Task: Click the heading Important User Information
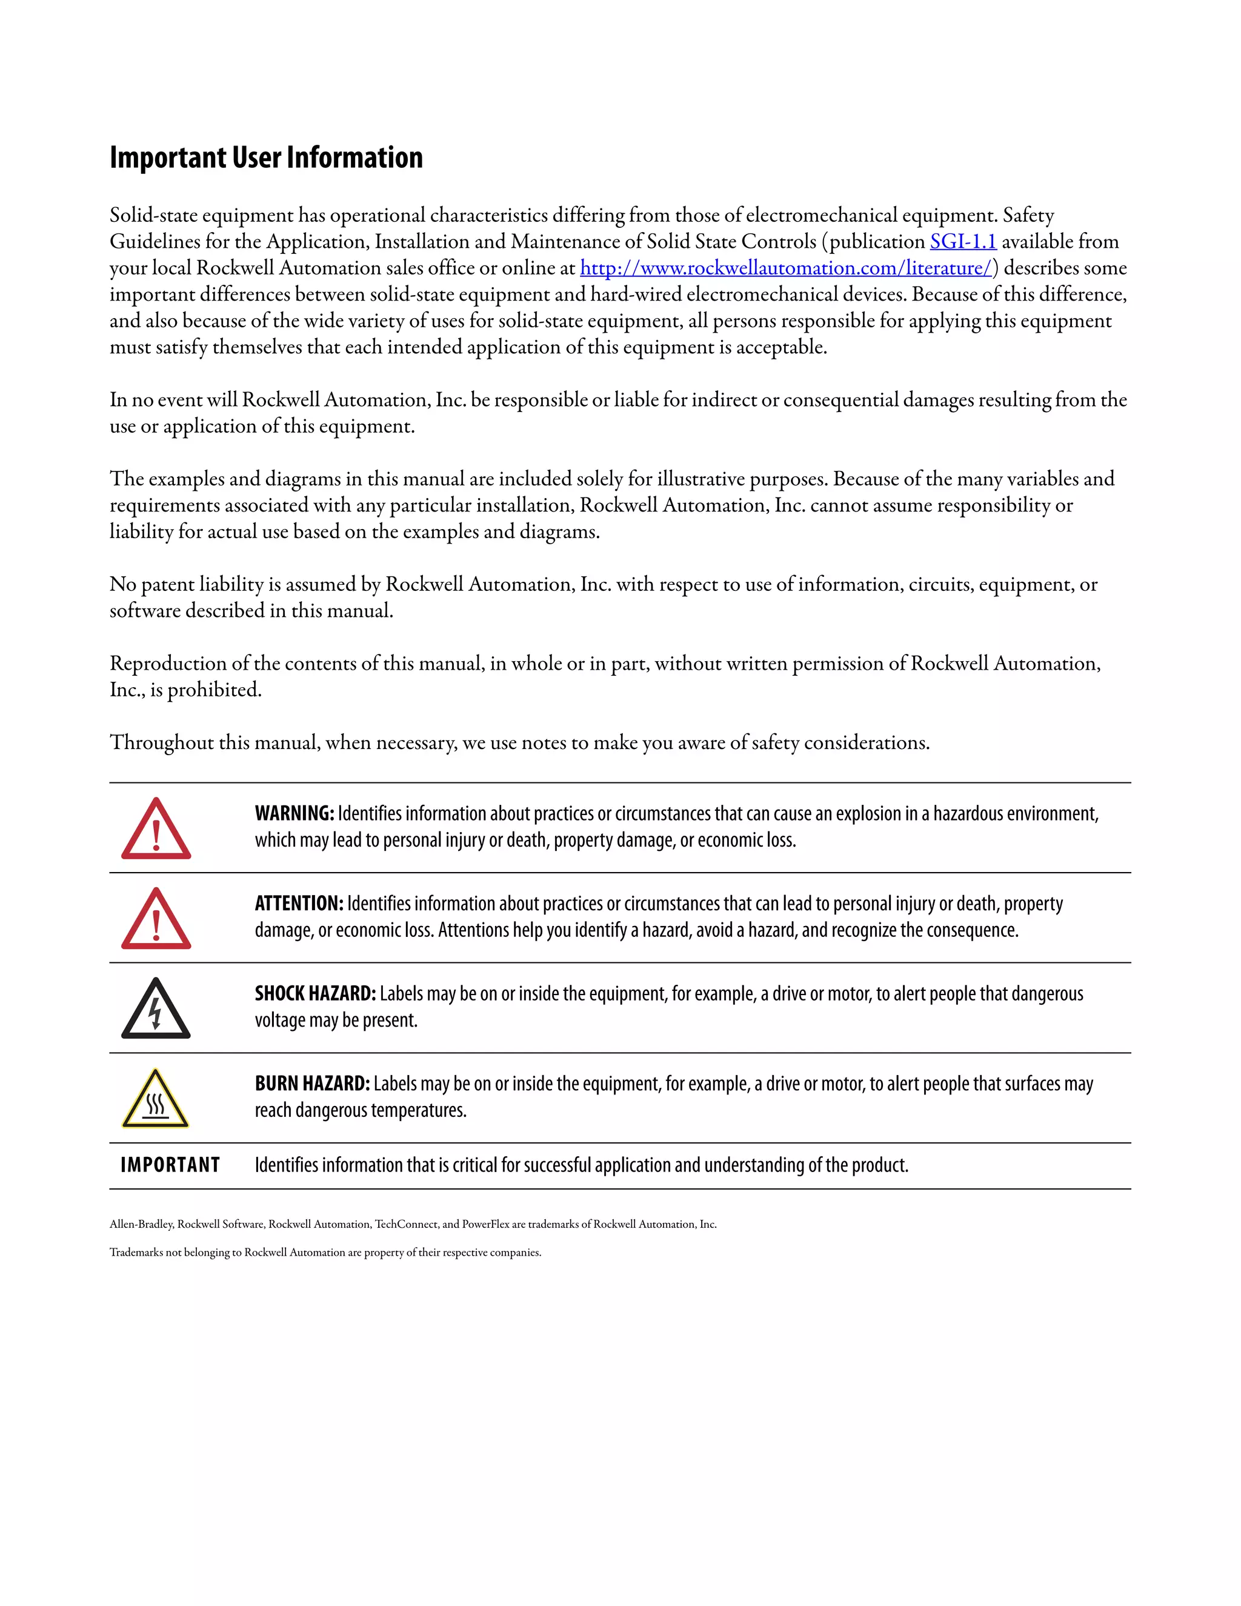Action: click(x=266, y=158)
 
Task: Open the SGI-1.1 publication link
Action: click(x=962, y=241)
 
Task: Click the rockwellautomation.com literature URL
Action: click(x=785, y=268)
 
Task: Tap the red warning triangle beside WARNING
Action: click(x=156, y=830)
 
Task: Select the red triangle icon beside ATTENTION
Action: click(x=156, y=919)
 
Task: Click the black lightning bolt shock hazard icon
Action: click(x=156, y=1010)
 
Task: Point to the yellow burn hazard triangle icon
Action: click(x=156, y=1099)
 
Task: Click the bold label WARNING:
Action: click(x=294, y=813)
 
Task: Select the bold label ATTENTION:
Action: click(x=299, y=904)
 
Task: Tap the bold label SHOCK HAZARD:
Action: click(x=314, y=993)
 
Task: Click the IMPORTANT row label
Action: click(x=170, y=1165)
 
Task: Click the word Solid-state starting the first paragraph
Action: click(x=154, y=216)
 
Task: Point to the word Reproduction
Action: click(x=168, y=663)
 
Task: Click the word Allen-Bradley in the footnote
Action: click(x=141, y=1224)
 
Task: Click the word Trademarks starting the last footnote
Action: click(x=138, y=1252)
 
